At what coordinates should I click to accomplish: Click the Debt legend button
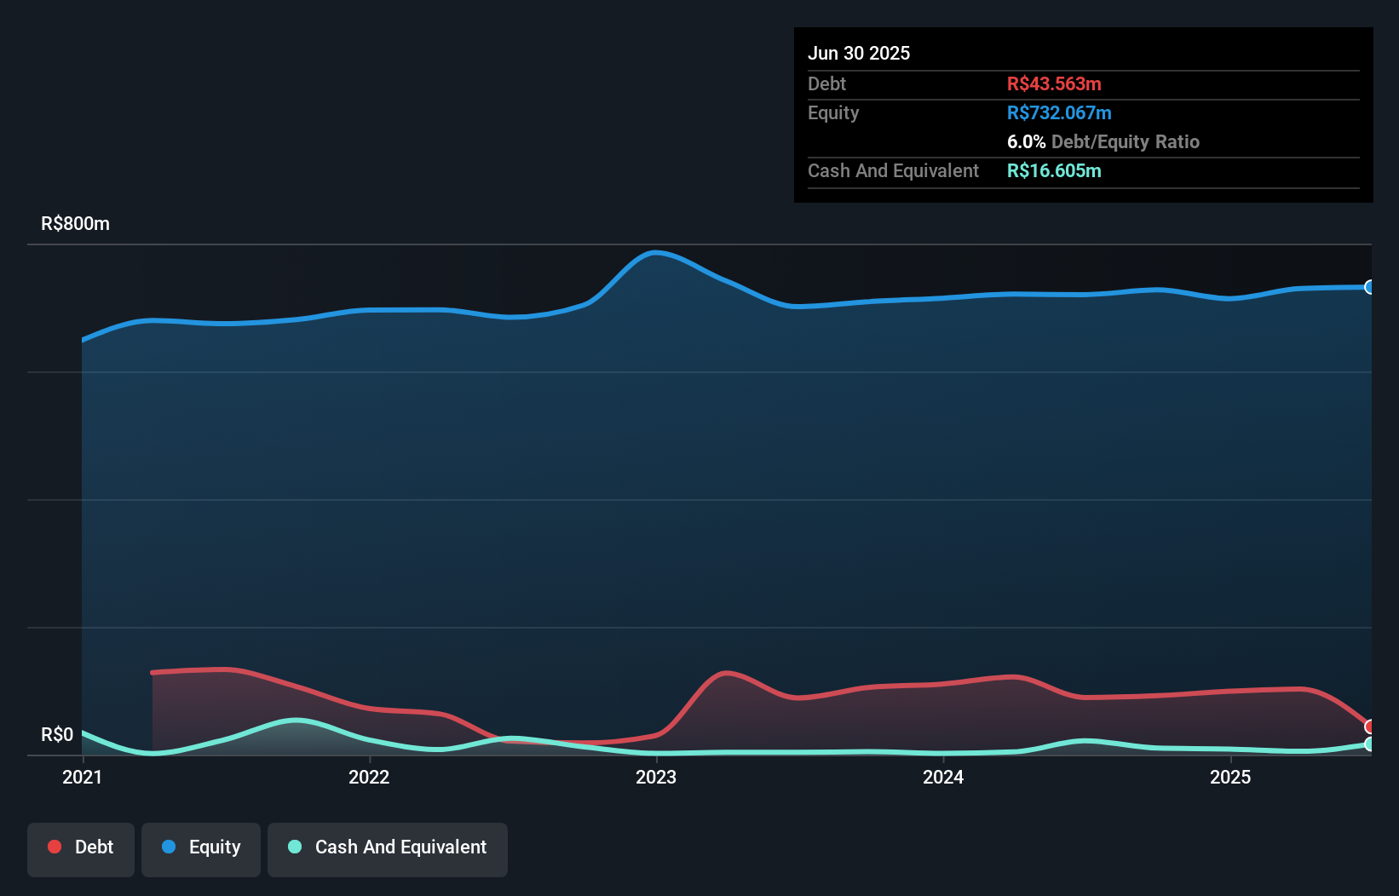point(81,847)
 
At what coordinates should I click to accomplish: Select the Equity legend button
point(201,847)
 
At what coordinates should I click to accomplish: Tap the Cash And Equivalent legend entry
point(388,847)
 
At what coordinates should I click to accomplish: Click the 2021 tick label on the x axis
point(83,777)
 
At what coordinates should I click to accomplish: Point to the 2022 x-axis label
point(369,777)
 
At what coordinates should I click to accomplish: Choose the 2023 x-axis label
point(656,777)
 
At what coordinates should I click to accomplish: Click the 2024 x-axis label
point(943,777)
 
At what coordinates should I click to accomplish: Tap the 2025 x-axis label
point(1230,777)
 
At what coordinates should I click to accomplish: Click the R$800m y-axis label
point(75,224)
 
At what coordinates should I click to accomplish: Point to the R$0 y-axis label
point(57,734)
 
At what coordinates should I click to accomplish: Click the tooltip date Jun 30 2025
point(859,53)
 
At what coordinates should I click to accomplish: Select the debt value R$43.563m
point(1054,83)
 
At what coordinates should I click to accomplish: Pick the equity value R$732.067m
point(1059,112)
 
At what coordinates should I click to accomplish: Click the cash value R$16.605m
point(1054,170)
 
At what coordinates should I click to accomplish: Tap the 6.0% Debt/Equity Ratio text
point(1103,141)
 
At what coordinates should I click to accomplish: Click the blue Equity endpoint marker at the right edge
point(1370,287)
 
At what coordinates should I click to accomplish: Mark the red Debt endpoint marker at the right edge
point(1370,727)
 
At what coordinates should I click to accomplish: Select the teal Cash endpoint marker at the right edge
point(1370,744)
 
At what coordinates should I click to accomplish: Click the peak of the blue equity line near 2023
point(654,252)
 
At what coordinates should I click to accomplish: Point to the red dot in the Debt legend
point(55,847)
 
